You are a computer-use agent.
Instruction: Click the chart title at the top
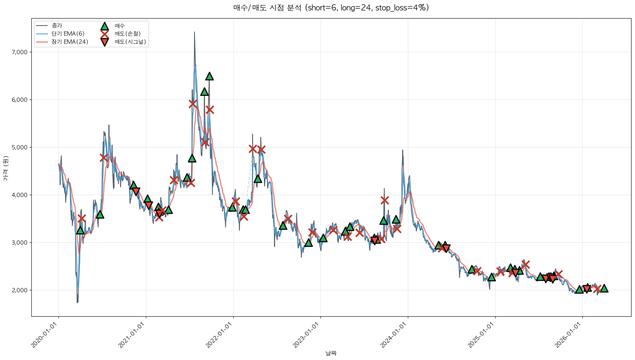331,8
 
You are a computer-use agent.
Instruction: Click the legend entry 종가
56,26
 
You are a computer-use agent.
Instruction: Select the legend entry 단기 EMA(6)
68,34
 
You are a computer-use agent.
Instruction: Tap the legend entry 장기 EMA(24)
70,42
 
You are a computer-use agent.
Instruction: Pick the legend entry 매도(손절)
127,34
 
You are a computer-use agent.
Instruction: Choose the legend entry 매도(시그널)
130,42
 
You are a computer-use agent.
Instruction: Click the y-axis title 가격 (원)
5,168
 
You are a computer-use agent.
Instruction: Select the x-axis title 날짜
331,353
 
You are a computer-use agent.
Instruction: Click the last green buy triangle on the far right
604,288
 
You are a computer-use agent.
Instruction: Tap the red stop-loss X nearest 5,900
193,104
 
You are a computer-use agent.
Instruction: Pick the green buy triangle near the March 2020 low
80,230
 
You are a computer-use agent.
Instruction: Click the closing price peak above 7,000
194,32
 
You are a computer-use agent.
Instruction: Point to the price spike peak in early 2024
402,150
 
